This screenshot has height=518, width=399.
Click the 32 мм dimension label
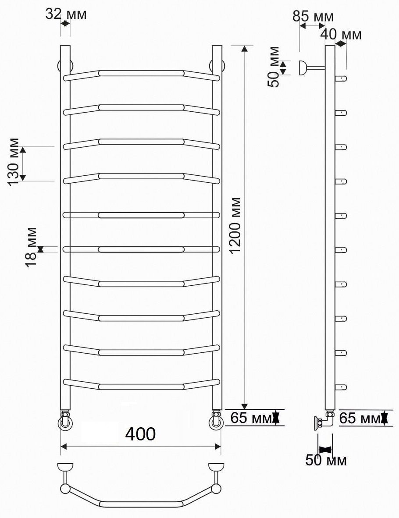(66, 14)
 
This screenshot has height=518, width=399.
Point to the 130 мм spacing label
(13, 162)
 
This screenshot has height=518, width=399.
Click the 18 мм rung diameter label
(32, 247)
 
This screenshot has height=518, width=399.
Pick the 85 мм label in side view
(313, 16)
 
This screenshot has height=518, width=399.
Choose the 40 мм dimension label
(342, 34)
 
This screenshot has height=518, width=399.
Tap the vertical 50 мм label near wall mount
(274, 67)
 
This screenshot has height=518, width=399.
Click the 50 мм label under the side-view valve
(326, 460)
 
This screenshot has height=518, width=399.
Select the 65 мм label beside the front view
(251, 418)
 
